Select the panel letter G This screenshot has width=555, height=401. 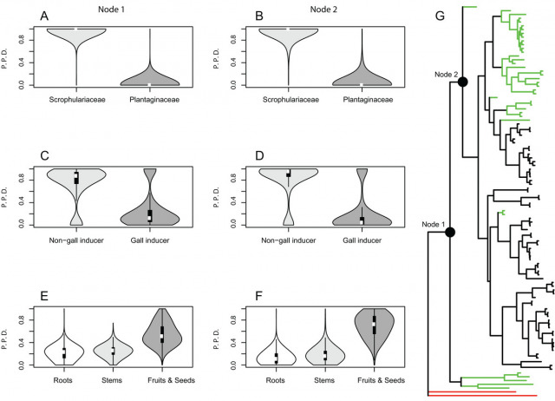441,16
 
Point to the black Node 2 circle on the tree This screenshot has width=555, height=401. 463,82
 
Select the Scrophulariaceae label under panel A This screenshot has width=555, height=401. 76,99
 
